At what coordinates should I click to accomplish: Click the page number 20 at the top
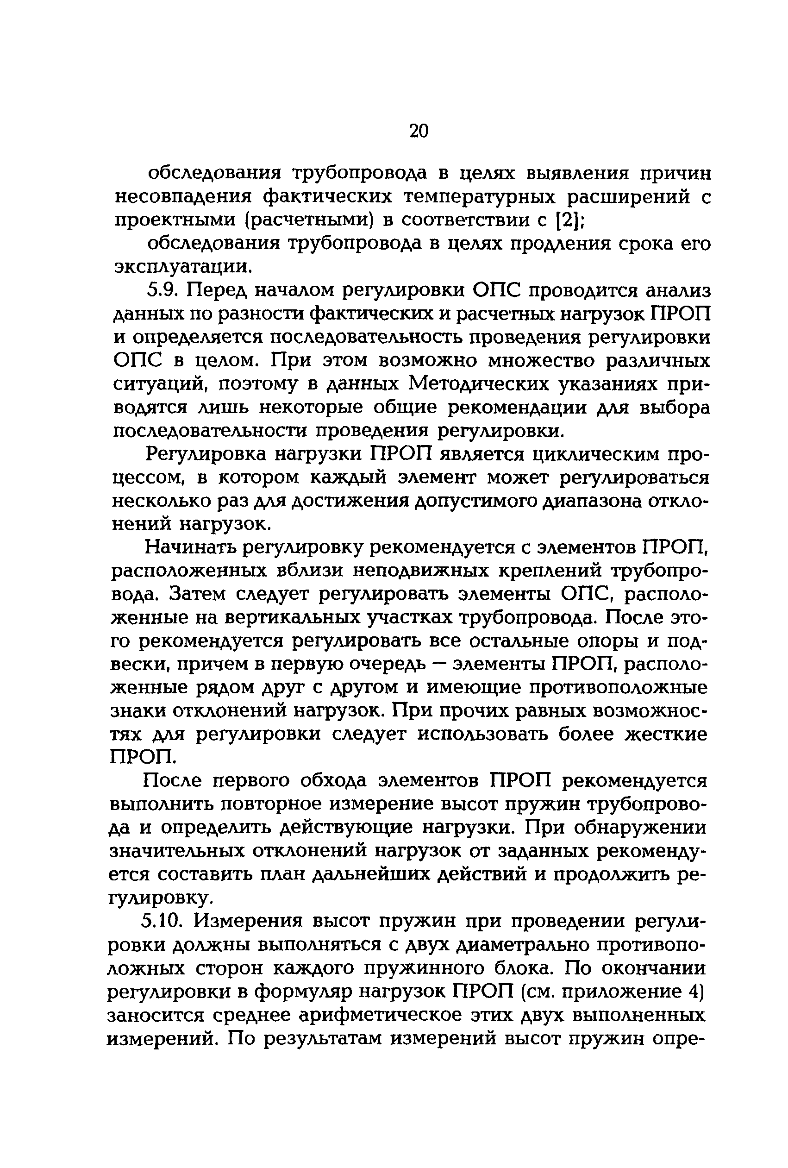(x=419, y=131)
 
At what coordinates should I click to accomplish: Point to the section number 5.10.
(x=160, y=921)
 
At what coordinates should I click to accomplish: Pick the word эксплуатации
(x=181, y=266)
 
